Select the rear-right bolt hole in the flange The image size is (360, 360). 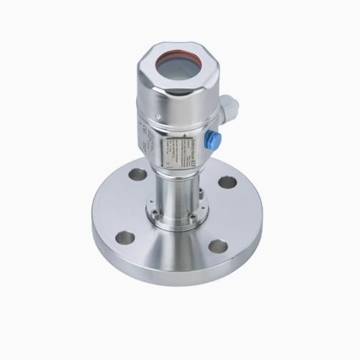(227, 181)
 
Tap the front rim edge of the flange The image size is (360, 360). (172, 278)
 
